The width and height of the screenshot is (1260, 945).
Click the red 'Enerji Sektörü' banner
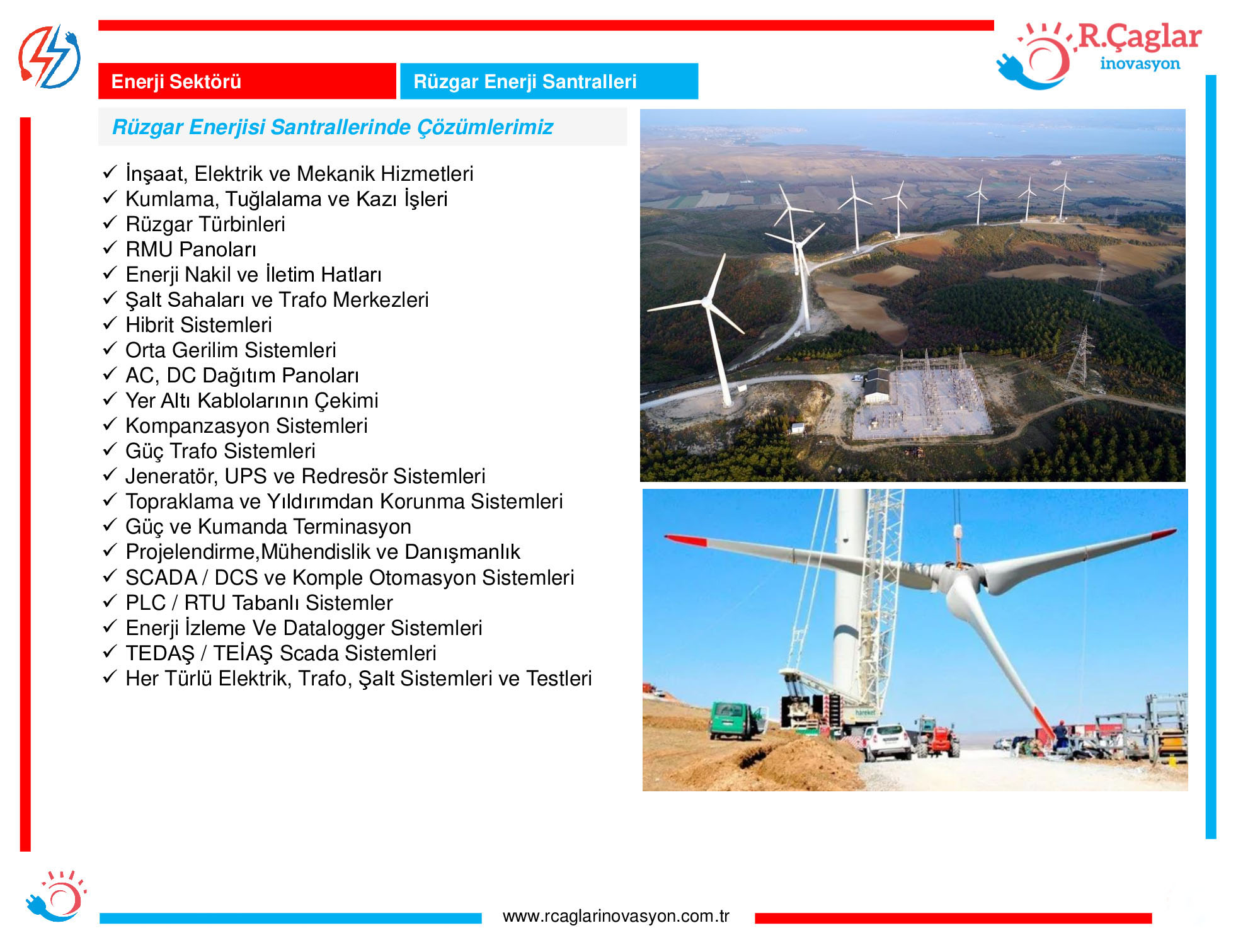pyautogui.click(x=247, y=81)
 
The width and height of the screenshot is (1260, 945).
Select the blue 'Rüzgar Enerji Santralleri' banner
pyautogui.click(x=549, y=81)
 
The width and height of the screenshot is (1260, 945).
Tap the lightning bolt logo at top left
pyautogui.click(x=49, y=57)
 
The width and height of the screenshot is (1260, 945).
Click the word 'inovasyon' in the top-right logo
pyautogui.click(x=1140, y=64)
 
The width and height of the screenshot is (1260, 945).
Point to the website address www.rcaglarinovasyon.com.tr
pyautogui.click(x=616, y=916)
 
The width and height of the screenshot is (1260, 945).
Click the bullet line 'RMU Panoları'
pyautogui.click(x=191, y=249)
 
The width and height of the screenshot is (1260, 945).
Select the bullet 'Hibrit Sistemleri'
pyautogui.click(x=198, y=325)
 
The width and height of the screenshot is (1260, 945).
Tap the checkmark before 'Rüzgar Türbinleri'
pyautogui.click(x=110, y=222)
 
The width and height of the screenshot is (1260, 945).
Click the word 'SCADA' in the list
pyautogui.click(x=161, y=578)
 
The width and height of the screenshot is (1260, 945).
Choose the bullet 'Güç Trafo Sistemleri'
pyautogui.click(x=220, y=451)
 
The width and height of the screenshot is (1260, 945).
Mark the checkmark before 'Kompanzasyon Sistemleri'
pyautogui.click(x=110, y=424)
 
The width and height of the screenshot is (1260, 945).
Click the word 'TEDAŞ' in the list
pyautogui.click(x=160, y=653)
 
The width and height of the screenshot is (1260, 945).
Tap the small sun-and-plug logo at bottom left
pyautogui.click(x=55, y=896)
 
